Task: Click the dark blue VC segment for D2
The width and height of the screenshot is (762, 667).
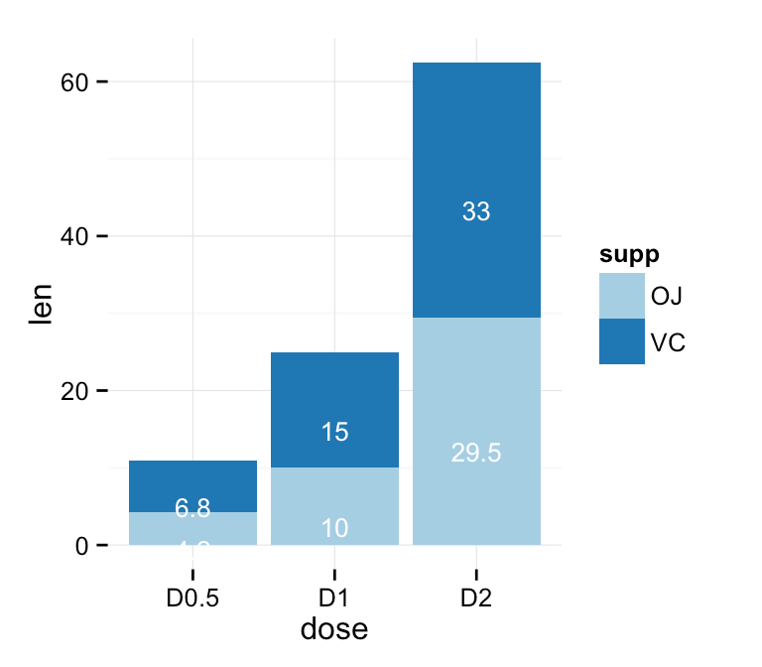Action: coord(476,169)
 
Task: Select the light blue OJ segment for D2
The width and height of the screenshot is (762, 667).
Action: coord(476,397)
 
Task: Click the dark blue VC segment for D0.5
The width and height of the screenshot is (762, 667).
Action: coord(192,481)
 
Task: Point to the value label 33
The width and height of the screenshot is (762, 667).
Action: coord(476,211)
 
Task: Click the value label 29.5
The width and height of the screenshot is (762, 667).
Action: coord(476,454)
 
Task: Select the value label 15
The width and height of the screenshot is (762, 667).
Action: coord(334,433)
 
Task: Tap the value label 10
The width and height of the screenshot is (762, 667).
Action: coord(334,529)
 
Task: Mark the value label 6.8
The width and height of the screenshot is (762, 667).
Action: coord(192,509)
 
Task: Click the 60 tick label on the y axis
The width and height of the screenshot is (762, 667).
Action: coord(75,82)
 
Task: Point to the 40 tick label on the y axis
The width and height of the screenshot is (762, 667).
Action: coord(75,237)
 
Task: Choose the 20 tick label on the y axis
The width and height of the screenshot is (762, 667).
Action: coord(75,391)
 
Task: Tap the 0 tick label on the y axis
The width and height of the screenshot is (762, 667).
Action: coord(82,546)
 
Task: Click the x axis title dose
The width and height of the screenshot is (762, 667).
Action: coord(334,630)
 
